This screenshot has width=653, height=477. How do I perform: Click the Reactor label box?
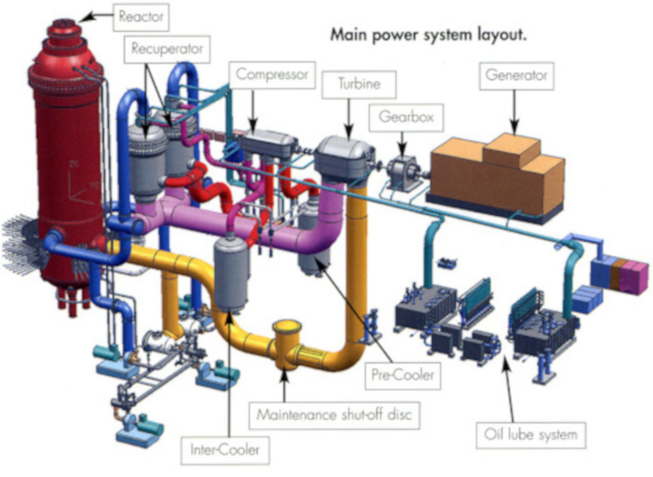(141, 17)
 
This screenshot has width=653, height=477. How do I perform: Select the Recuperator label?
(167, 49)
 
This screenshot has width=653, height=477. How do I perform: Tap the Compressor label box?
(272, 75)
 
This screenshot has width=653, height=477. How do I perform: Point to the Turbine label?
(359, 85)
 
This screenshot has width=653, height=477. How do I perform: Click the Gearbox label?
(406, 118)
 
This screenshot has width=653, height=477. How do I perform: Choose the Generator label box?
(517, 76)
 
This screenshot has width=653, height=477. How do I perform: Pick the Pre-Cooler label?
(403, 376)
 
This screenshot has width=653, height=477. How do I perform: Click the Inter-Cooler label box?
(225, 450)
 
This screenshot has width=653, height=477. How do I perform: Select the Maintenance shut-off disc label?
(334, 415)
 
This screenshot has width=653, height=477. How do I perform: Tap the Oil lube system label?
(531, 435)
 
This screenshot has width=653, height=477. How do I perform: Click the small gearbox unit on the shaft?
(404, 172)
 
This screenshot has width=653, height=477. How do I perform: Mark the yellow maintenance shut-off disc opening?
(287, 326)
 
